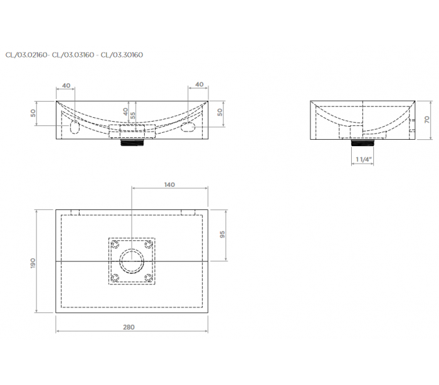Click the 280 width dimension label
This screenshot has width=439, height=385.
(x=129, y=327)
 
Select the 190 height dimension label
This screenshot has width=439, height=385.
(x=33, y=263)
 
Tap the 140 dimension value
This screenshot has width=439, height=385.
(x=170, y=185)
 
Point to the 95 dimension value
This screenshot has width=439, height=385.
(x=222, y=235)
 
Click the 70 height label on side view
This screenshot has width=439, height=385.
(x=426, y=120)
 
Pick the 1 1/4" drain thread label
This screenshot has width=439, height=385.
(x=363, y=159)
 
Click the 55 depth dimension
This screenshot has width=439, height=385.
(x=133, y=115)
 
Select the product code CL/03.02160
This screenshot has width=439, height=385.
(x=26, y=55)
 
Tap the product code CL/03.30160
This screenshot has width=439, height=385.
(x=122, y=55)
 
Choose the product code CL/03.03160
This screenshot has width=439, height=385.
(x=73, y=55)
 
